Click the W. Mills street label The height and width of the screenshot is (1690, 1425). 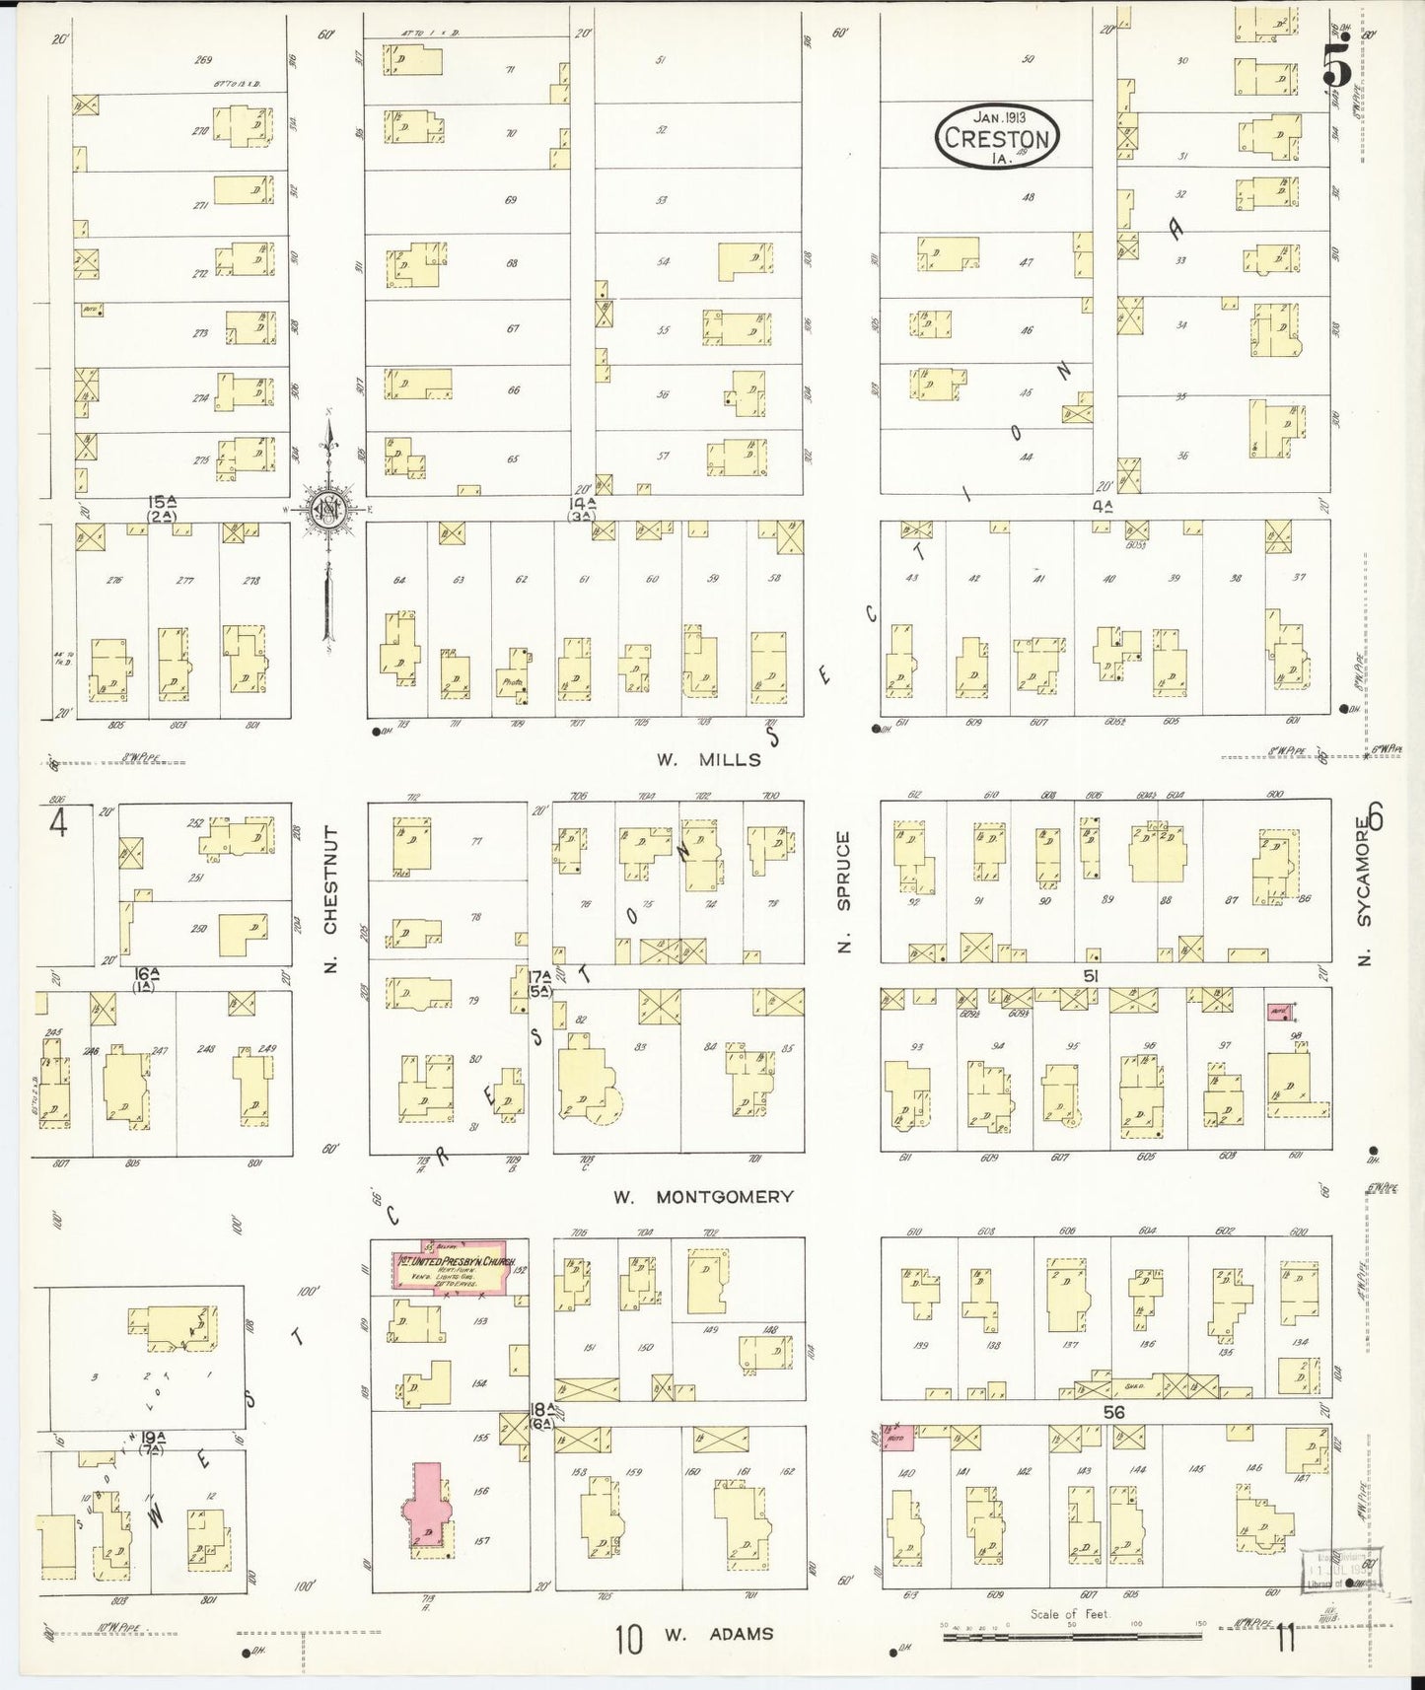click(706, 759)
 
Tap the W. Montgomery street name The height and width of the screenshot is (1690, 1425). click(703, 1197)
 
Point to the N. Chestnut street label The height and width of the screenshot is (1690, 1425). click(331, 900)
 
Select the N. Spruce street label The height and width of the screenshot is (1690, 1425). click(844, 892)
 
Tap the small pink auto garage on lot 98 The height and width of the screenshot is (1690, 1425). click(1279, 1011)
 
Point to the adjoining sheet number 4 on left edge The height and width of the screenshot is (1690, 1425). click(58, 822)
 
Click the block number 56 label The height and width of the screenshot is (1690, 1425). click(1113, 1412)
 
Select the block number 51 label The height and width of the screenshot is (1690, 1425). click(1091, 975)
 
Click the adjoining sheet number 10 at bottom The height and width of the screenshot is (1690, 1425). click(628, 1640)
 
